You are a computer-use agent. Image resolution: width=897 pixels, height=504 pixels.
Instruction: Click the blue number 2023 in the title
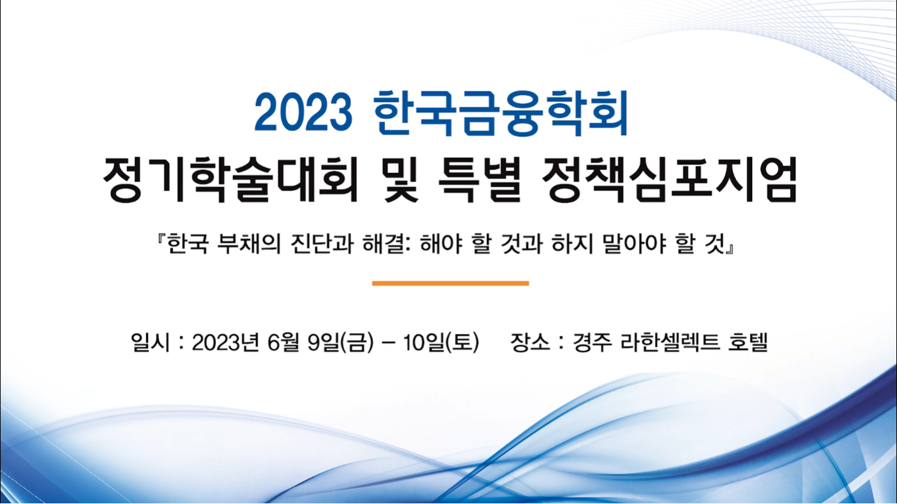[303, 112]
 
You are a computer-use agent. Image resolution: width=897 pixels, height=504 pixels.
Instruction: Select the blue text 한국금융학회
[501, 112]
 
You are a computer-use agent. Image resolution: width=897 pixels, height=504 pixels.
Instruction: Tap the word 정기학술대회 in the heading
[230, 179]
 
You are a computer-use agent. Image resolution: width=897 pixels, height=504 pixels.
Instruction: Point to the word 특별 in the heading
[479, 179]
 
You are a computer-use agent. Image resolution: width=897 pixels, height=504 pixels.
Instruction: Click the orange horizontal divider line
[451, 283]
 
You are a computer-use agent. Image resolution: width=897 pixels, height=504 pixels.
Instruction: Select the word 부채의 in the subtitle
[249, 243]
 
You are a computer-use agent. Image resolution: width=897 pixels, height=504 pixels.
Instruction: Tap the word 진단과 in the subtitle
[323, 243]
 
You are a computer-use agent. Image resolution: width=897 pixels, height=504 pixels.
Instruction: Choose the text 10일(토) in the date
[441, 342]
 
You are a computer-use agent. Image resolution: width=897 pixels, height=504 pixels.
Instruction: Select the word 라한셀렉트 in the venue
[669, 342]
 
